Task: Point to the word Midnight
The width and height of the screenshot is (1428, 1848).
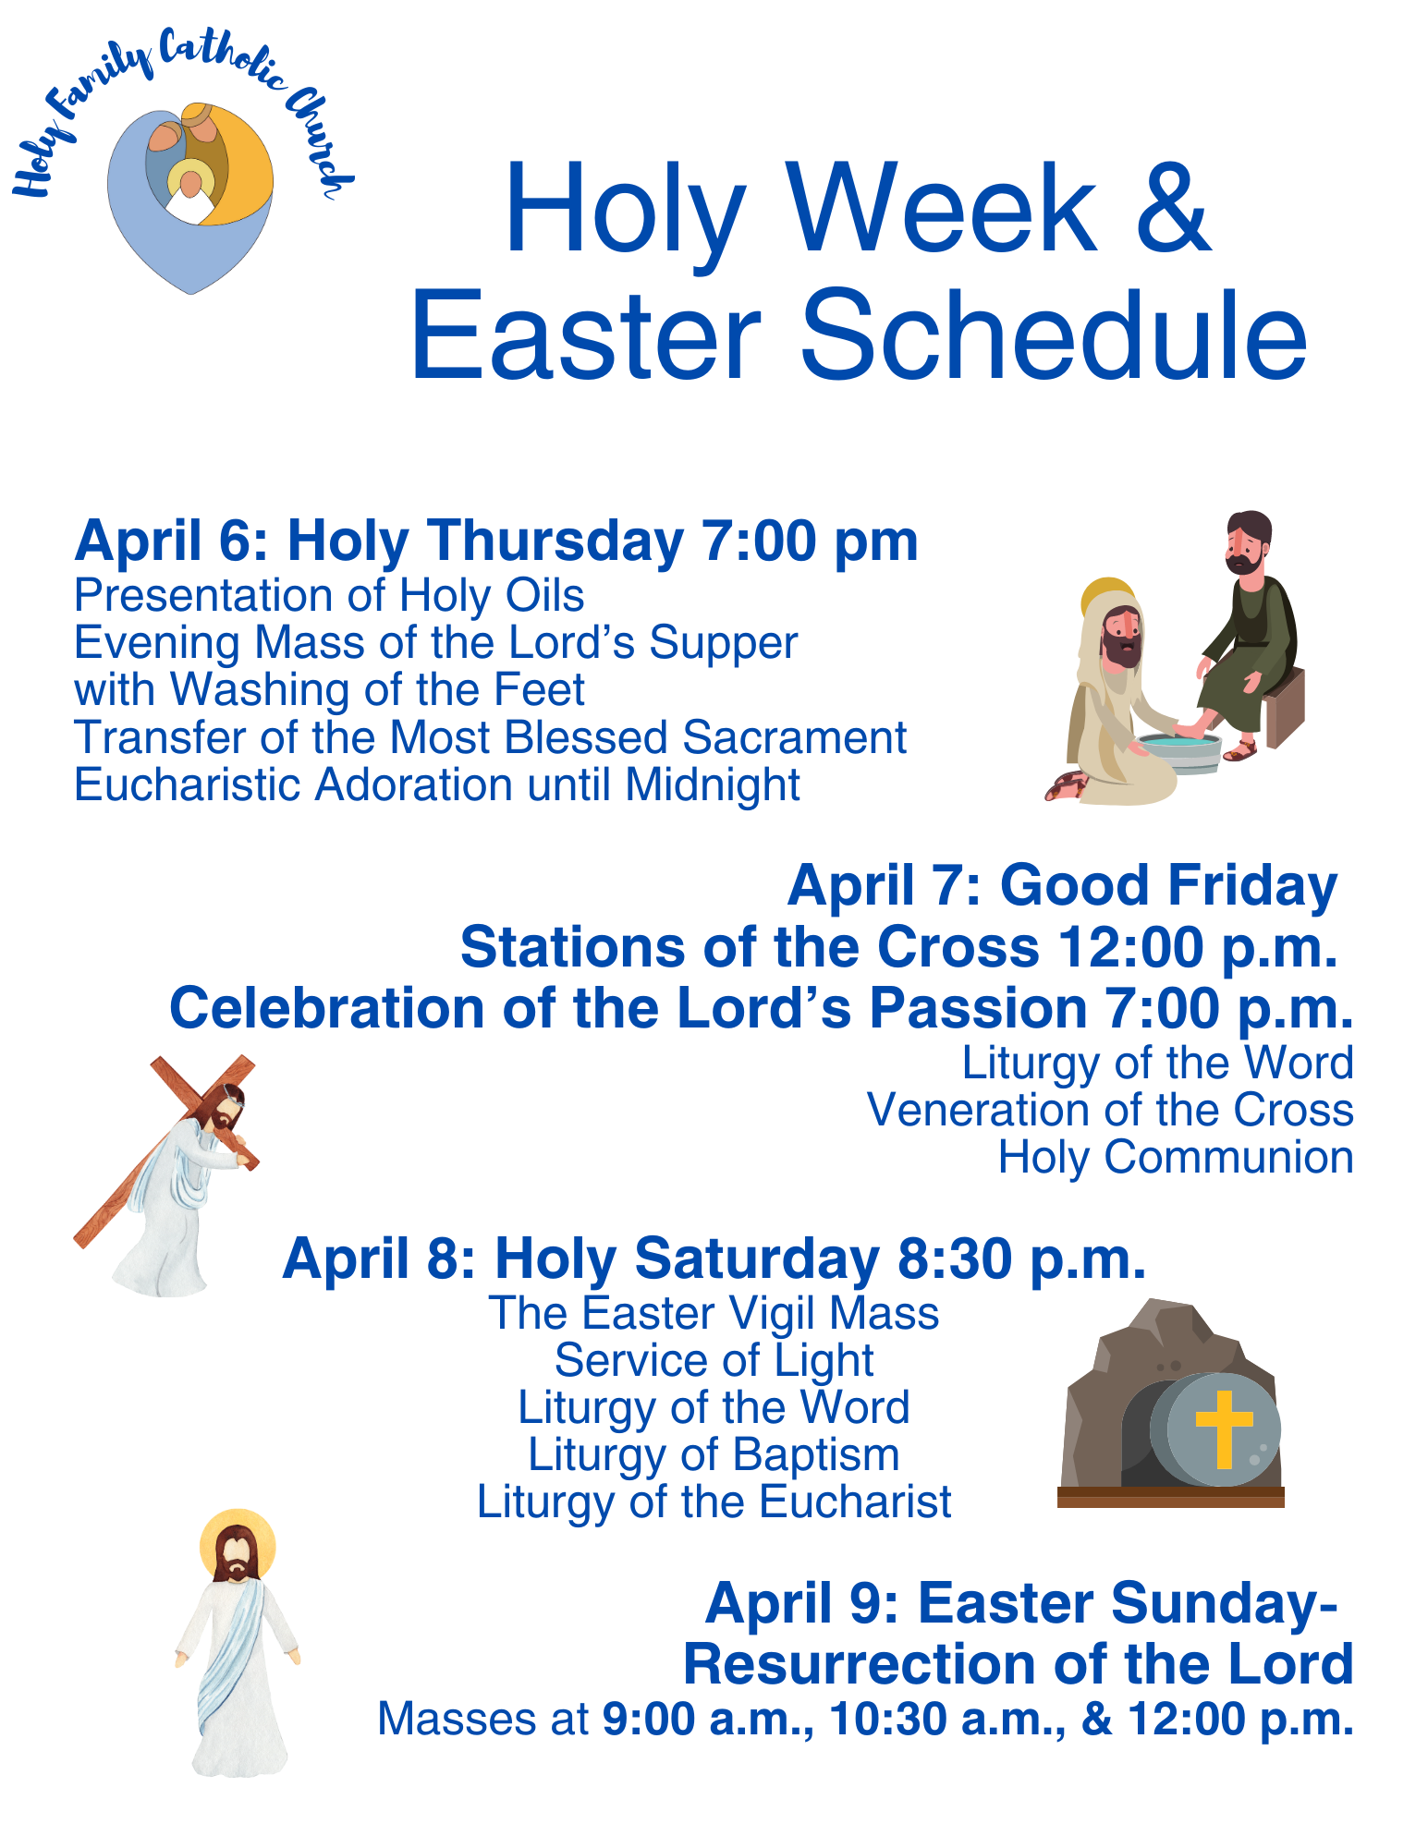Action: click(x=712, y=785)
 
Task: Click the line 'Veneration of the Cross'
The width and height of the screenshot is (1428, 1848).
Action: click(x=1110, y=1111)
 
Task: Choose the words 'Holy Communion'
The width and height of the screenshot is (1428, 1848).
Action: click(x=1176, y=1158)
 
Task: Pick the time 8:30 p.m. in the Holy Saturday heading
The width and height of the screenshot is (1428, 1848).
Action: click(x=1021, y=1259)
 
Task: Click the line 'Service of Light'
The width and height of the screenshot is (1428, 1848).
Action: click(x=714, y=1361)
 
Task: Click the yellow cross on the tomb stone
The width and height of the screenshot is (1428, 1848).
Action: click(x=1224, y=1429)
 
